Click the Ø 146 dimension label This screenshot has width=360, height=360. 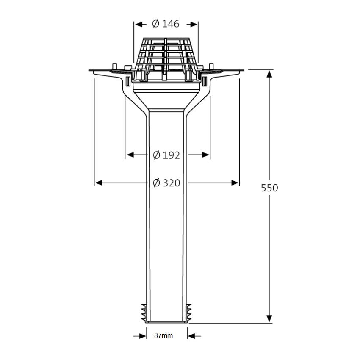pos(166,24)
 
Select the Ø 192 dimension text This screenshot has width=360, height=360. pos(166,155)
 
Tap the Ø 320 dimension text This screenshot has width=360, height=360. pos(166,183)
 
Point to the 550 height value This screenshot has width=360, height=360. pos(269,188)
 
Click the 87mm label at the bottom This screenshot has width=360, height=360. pos(163,336)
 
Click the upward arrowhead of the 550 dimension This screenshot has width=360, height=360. pos(269,74)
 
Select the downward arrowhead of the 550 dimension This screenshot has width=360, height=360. pos(269,318)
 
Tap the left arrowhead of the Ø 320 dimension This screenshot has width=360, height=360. pos(98,183)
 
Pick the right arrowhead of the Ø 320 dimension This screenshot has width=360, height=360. pos(235,183)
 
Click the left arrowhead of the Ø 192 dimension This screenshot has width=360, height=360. pos(130,155)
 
